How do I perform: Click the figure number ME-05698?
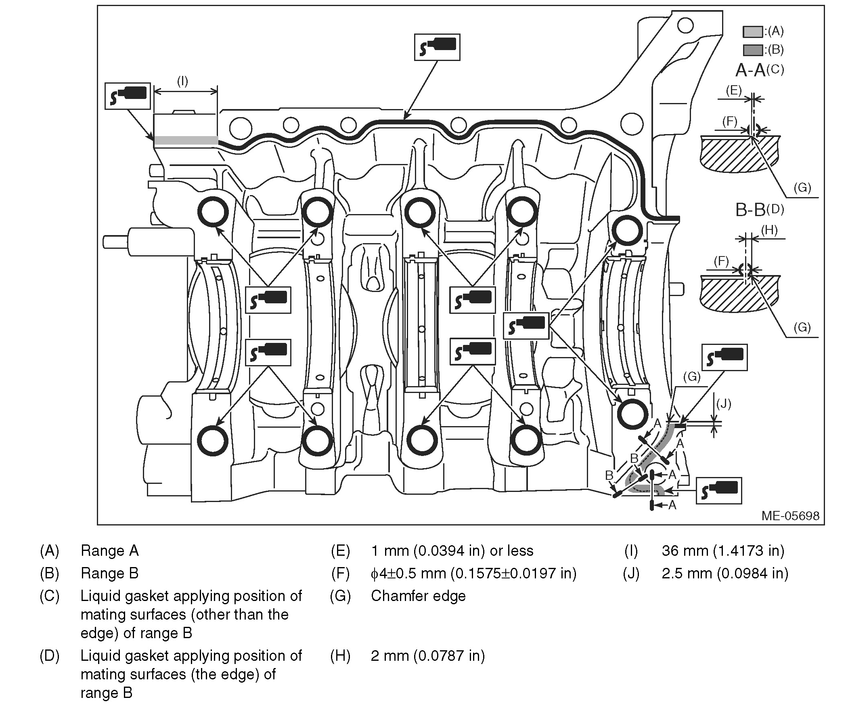pyautogui.click(x=790, y=516)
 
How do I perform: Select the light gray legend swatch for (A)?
pyautogui.click(x=753, y=32)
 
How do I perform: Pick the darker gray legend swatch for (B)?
pyautogui.click(x=753, y=50)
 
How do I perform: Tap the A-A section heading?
pyautogui.click(x=750, y=71)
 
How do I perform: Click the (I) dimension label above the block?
pyautogui.click(x=182, y=81)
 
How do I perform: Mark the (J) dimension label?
pyautogui.click(x=723, y=403)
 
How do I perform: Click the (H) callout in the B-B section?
pyautogui.click(x=769, y=230)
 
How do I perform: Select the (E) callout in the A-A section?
pyautogui.click(x=734, y=90)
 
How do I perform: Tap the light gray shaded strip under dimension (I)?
pyautogui.click(x=186, y=140)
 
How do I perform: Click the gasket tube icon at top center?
pyautogui.click(x=437, y=47)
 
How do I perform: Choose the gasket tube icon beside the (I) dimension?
pyautogui.click(x=128, y=96)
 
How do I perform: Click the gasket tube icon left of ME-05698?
pyautogui.click(x=719, y=490)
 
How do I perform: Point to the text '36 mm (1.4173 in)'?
pyautogui.click(x=723, y=551)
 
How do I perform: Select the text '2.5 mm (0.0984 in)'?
pyautogui.click(x=725, y=573)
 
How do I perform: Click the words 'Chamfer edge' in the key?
pyautogui.click(x=418, y=596)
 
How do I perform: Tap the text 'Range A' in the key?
pyautogui.click(x=109, y=551)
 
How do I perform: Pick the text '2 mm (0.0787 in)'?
pyautogui.click(x=428, y=656)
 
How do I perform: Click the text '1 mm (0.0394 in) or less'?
pyautogui.click(x=452, y=551)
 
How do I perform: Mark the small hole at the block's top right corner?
pyautogui.click(x=685, y=25)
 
